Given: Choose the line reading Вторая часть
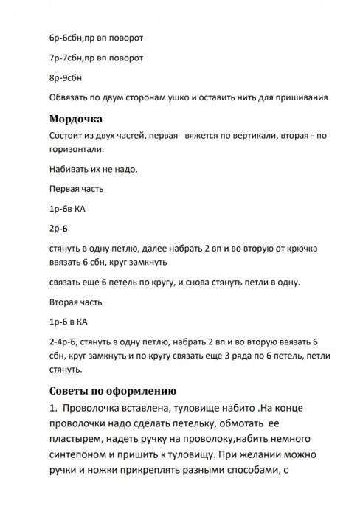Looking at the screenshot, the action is pyautogui.click(x=76, y=302).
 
